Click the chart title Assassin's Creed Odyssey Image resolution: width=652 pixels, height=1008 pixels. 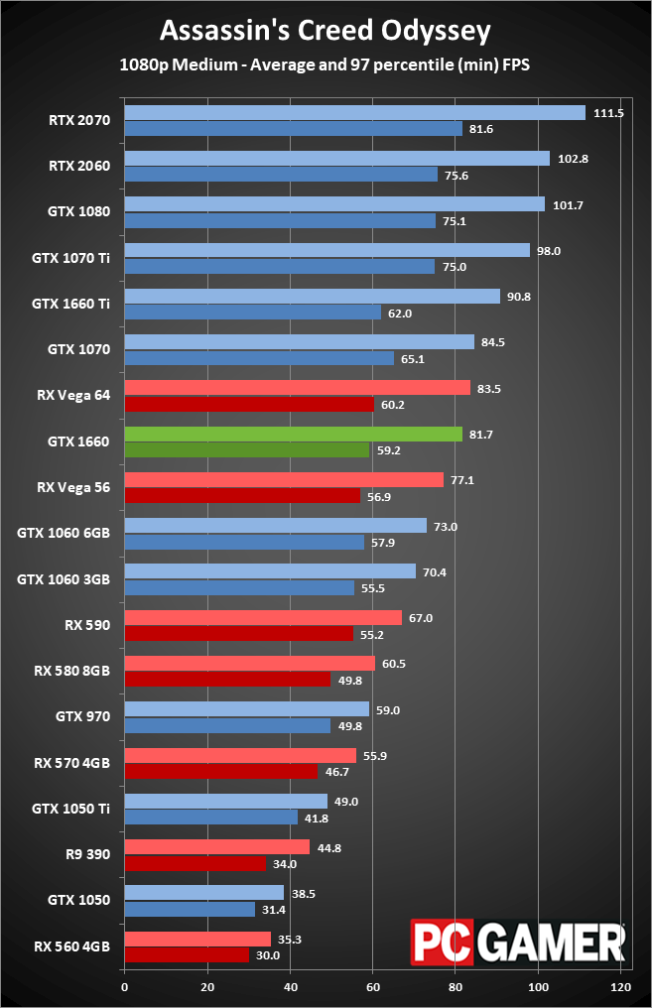(x=326, y=32)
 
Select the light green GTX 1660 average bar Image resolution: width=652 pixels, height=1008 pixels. (x=293, y=434)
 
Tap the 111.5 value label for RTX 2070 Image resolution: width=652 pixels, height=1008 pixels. (x=607, y=113)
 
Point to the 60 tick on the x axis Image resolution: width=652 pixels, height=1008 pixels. (x=373, y=987)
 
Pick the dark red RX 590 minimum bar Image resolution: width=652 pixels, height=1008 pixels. (x=238, y=633)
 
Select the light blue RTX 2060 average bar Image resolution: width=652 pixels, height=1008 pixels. (x=336, y=159)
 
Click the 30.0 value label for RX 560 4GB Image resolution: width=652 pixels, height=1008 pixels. (x=268, y=955)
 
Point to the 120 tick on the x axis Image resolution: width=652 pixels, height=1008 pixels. (x=622, y=987)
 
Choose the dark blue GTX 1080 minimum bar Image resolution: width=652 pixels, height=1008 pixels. (x=280, y=221)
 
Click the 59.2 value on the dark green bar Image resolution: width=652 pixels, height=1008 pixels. (x=389, y=450)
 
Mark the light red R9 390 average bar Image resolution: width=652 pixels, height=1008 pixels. (x=217, y=846)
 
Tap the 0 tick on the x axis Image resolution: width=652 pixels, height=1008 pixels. (x=124, y=987)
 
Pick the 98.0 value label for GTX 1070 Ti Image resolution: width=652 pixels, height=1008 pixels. (x=549, y=251)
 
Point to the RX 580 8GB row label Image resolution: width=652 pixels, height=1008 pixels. (x=71, y=670)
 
